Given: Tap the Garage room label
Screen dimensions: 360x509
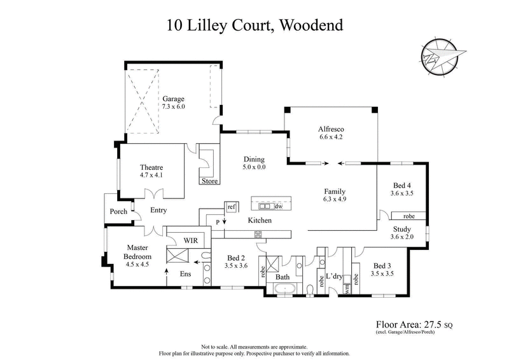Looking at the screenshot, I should [x=173, y=99].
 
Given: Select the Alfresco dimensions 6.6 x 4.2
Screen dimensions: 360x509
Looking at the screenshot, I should [x=330, y=136].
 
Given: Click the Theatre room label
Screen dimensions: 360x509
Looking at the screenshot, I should [x=151, y=168].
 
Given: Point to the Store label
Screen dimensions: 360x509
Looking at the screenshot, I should [x=209, y=181].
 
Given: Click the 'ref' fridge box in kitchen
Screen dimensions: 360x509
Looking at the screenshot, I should [x=231, y=207].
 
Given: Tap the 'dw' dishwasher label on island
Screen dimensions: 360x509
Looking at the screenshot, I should [x=278, y=206].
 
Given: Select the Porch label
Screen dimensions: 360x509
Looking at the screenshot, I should [x=118, y=211].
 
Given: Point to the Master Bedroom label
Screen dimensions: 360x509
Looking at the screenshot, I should [x=137, y=252].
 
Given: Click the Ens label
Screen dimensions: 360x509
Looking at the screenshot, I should [x=185, y=274].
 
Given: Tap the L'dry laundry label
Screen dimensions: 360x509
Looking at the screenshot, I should [x=335, y=276].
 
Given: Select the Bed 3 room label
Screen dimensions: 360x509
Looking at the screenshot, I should [x=382, y=265].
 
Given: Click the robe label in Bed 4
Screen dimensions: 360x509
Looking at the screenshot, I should [x=409, y=216].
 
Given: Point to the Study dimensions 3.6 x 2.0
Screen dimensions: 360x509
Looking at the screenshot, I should [x=402, y=237].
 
